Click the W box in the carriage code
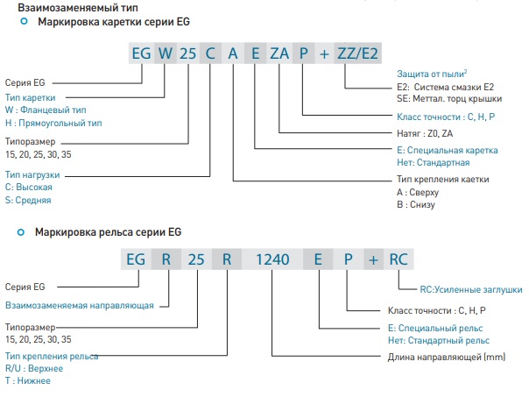click(165, 53)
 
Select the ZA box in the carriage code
click(279, 53)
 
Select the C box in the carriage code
click(210, 53)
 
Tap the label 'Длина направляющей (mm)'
click(434, 358)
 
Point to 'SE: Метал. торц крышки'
click(445, 99)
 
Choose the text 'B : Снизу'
click(418, 204)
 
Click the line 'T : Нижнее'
click(28, 381)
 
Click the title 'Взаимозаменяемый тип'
click(61, 6)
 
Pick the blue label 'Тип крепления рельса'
click(51, 357)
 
